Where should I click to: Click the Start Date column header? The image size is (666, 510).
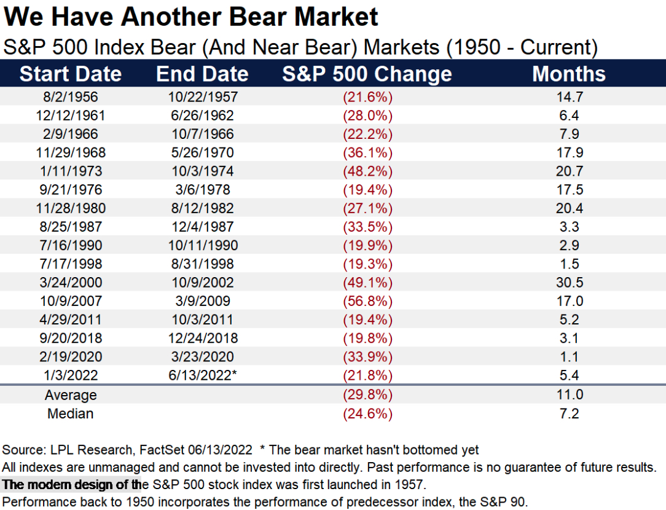coord(71,74)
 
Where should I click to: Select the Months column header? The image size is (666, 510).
coord(569,74)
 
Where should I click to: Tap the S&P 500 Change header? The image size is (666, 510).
coord(367,74)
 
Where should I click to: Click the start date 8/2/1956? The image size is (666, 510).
coord(71,97)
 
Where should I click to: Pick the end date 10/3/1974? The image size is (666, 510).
coord(203,171)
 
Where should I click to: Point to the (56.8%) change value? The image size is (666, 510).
coord(368,301)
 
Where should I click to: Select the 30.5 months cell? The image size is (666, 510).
coord(570,283)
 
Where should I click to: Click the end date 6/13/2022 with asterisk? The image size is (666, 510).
coord(203,375)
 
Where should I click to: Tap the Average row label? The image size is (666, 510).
coord(71,395)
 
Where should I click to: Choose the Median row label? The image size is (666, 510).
coord(71,414)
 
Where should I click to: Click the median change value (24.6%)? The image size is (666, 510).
coord(368,414)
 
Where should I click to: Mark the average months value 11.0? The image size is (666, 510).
coord(570,394)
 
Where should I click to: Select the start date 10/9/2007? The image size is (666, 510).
coord(71,301)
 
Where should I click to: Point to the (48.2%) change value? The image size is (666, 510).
coord(368,171)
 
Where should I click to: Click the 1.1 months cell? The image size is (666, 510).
coord(569,357)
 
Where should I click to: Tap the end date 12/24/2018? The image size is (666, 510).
coord(203,338)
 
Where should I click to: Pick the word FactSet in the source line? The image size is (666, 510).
coord(162,450)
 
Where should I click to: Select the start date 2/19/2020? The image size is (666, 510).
coord(71,357)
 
